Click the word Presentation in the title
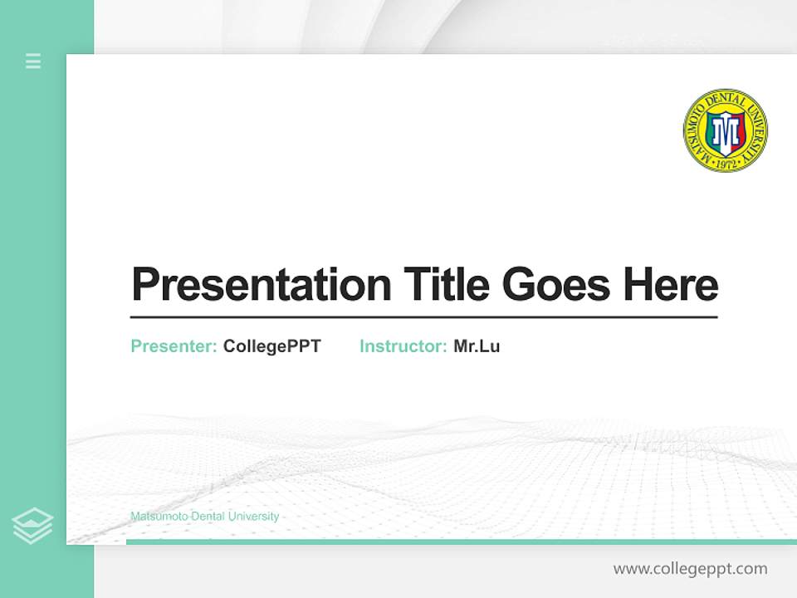point(261,285)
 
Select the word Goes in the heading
point(555,284)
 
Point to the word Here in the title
point(670,284)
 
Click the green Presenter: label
point(174,346)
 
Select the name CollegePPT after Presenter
point(271,346)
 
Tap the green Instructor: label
point(403,346)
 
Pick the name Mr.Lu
point(477,346)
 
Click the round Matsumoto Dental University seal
point(725,130)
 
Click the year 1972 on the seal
point(725,164)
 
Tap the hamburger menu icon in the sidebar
point(33,61)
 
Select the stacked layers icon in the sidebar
point(32,526)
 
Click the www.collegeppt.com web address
point(690,569)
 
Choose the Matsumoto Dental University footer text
point(204,517)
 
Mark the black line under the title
point(423,317)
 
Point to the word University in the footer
point(252,517)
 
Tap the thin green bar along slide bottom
point(461,542)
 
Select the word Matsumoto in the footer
point(159,517)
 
